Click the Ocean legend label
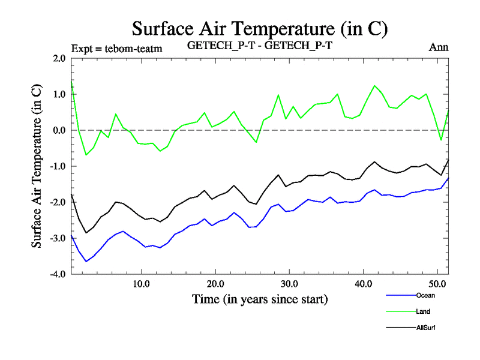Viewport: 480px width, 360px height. pos(425,295)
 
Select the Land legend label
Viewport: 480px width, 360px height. pos(423,311)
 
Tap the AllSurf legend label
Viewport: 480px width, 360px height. pos(425,328)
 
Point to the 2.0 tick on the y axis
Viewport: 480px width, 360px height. pos(59,58)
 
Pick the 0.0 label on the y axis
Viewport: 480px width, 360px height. pos(59,130)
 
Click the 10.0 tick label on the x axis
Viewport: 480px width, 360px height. pos(141,284)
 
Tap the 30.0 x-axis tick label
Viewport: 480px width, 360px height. pos(289,284)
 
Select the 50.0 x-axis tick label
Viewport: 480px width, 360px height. pos(437,284)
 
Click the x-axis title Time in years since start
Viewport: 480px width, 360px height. pos(260,299)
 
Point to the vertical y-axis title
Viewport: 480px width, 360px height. pos(37,166)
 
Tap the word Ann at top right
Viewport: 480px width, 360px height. pos(439,47)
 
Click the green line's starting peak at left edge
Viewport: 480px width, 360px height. pos(72,80)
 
